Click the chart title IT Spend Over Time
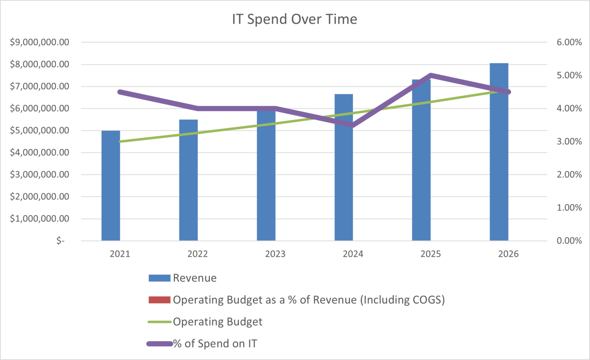click(294, 19)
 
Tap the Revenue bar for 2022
click(188, 181)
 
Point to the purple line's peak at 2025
click(431, 76)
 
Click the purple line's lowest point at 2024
click(353, 125)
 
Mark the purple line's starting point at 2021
click(120, 92)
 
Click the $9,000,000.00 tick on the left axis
click(40, 42)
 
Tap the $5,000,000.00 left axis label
click(40, 131)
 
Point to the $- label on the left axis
click(60, 241)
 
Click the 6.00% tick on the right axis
click(569, 42)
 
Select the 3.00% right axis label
click(569, 141)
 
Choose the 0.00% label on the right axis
click(569, 241)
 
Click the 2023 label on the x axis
click(275, 254)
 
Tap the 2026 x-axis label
click(508, 254)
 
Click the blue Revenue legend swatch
click(159, 278)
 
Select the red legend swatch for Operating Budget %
click(159, 300)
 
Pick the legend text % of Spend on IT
click(215, 343)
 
